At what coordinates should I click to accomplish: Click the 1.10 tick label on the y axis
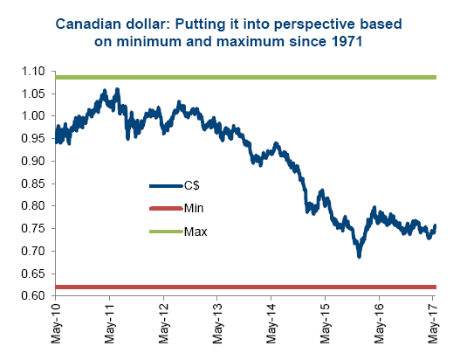pyautogui.click(x=33, y=72)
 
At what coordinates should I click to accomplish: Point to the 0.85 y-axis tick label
pyautogui.click(x=33, y=183)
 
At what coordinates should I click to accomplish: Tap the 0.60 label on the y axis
pyautogui.click(x=33, y=295)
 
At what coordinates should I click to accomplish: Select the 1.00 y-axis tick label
pyautogui.click(x=33, y=115)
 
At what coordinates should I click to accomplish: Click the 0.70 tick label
pyautogui.click(x=33, y=251)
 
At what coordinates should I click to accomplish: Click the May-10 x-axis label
pyautogui.click(x=56, y=323)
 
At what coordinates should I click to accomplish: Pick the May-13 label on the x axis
pyautogui.click(x=217, y=323)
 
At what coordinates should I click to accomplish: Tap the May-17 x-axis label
pyautogui.click(x=433, y=323)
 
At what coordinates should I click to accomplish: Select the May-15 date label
pyautogui.click(x=325, y=323)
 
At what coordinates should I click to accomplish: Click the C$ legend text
pyautogui.click(x=192, y=185)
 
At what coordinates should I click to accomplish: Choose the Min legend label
pyautogui.click(x=194, y=208)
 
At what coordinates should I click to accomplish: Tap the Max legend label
pyautogui.click(x=196, y=232)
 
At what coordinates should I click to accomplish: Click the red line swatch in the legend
pyautogui.click(x=166, y=209)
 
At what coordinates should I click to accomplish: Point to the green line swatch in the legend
pyautogui.click(x=166, y=232)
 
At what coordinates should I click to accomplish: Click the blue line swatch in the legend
pyautogui.click(x=166, y=186)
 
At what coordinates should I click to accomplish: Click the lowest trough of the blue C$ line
pyautogui.click(x=359, y=257)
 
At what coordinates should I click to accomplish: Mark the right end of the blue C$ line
pyautogui.click(x=435, y=225)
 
